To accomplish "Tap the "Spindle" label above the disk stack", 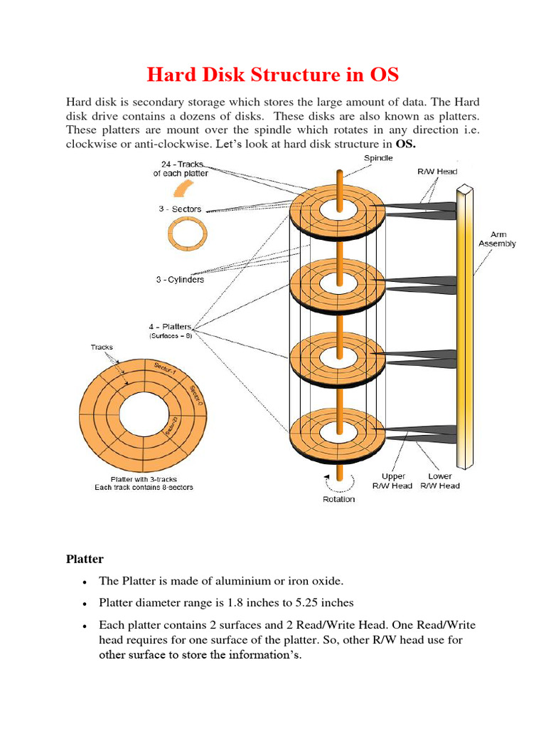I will point(378,157).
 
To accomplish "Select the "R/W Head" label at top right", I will point(437,172).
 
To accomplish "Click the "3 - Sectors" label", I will point(179,209).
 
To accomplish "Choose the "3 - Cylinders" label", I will point(180,279).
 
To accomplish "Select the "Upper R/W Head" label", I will point(392,481).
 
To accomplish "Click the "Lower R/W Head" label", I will point(439,481).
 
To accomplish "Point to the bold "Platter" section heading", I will point(85,559).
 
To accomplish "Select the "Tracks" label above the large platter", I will point(101,347).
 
